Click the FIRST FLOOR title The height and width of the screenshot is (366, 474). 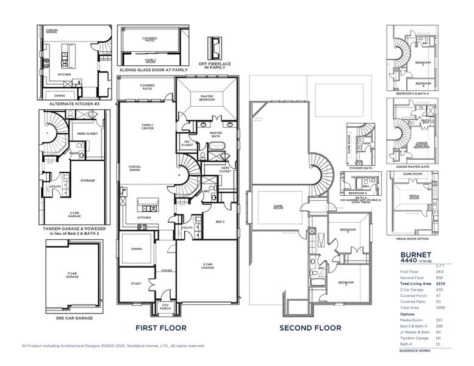tap(161, 328)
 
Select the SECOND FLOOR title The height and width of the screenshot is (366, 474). tap(310, 328)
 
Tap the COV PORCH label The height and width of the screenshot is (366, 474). tap(165, 308)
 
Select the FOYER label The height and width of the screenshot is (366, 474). tap(167, 270)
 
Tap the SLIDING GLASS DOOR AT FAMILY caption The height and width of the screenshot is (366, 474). tap(154, 70)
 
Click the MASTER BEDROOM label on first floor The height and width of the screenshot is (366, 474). tap(207, 98)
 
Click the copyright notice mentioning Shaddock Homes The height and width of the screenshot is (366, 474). tap(113, 346)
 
